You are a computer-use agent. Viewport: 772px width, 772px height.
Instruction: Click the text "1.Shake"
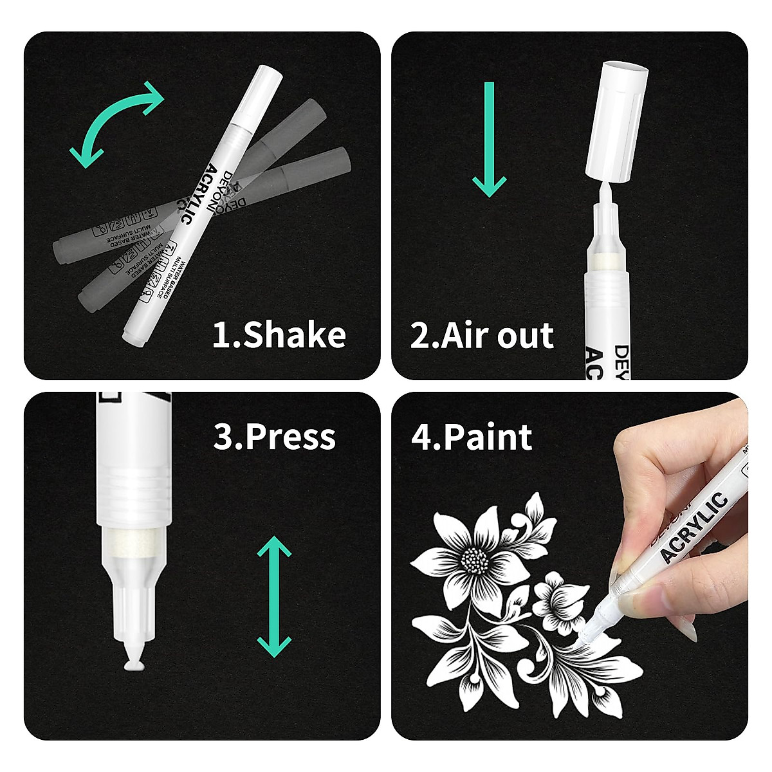279,335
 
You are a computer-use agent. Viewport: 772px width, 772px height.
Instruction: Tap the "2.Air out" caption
482,336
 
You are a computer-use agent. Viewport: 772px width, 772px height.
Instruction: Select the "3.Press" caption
275,436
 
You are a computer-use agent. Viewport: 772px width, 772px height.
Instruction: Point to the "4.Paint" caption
472,437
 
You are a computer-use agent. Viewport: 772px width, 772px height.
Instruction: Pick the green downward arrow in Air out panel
490,138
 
